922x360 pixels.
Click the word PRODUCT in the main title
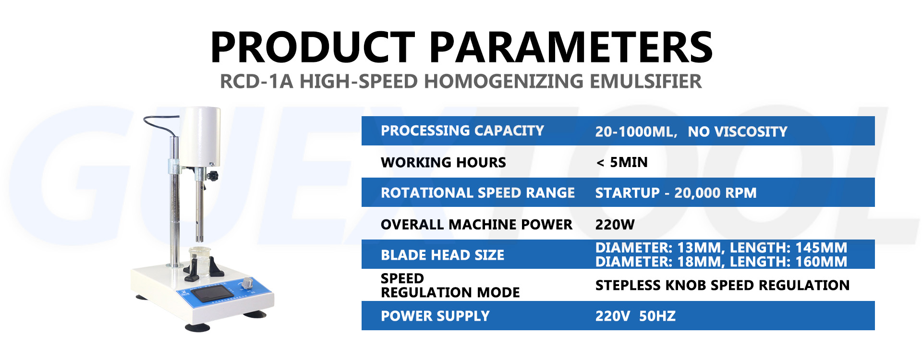(313, 47)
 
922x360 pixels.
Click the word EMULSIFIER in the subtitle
(646, 82)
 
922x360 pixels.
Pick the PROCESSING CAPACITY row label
(462, 131)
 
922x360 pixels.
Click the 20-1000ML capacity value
(636, 132)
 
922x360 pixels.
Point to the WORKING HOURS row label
(443, 162)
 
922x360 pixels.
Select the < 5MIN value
(622, 162)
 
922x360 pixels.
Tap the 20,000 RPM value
(716, 193)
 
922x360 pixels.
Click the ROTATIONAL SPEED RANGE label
(478, 193)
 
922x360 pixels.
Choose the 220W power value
(615, 225)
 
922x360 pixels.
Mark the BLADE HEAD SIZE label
(443, 255)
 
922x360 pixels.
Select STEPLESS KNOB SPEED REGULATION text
(723, 285)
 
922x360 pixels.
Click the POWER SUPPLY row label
(435, 316)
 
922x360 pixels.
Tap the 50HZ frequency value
(657, 316)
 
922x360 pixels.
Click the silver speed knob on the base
(247, 283)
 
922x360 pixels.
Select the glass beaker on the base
(200, 261)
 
